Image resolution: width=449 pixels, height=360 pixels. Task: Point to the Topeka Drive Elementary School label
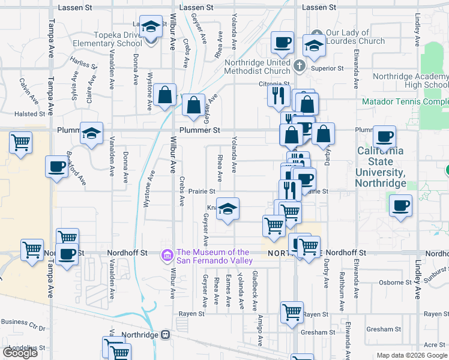[x=108, y=40]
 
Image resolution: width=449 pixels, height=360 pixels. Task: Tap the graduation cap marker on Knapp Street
[x=228, y=209]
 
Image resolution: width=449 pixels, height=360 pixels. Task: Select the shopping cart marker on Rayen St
[x=292, y=312]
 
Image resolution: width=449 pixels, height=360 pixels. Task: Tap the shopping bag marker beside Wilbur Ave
[x=164, y=95]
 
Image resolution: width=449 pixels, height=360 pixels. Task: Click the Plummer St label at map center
[x=200, y=130]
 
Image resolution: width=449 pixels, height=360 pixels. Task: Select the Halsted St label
[x=30, y=113]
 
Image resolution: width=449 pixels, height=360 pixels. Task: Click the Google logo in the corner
[x=20, y=353]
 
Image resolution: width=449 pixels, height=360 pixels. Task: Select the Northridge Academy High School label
[x=410, y=80]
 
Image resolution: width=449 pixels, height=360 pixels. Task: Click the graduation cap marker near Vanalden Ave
[x=91, y=134]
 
